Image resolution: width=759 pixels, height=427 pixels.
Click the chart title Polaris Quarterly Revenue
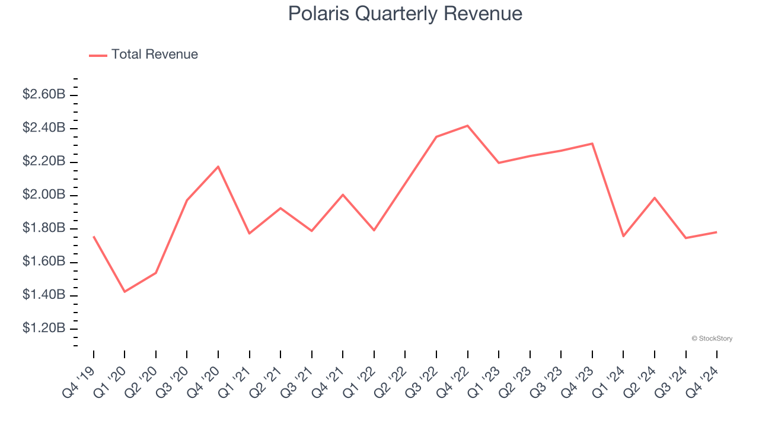(x=405, y=14)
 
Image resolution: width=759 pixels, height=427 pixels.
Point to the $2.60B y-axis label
(x=44, y=94)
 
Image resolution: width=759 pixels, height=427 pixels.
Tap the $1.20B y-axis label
(x=44, y=329)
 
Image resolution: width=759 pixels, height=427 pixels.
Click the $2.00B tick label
(x=44, y=195)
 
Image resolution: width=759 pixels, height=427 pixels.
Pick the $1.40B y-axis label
(x=44, y=295)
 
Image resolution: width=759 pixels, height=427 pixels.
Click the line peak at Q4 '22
(x=468, y=126)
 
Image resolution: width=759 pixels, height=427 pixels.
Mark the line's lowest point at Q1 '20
(x=125, y=292)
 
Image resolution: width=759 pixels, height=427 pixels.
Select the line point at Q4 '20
(x=218, y=167)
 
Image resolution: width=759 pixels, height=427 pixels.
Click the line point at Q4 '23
(x=592, y=144)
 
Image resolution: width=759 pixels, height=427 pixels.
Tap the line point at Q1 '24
(x=623, y=236)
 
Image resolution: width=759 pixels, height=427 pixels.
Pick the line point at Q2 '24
(x=655, y=197)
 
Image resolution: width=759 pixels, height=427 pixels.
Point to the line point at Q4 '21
(x=343, y=195)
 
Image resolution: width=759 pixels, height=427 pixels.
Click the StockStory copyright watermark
(x=712, y=339)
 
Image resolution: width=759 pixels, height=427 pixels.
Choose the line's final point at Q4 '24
(x=717, y=232)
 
